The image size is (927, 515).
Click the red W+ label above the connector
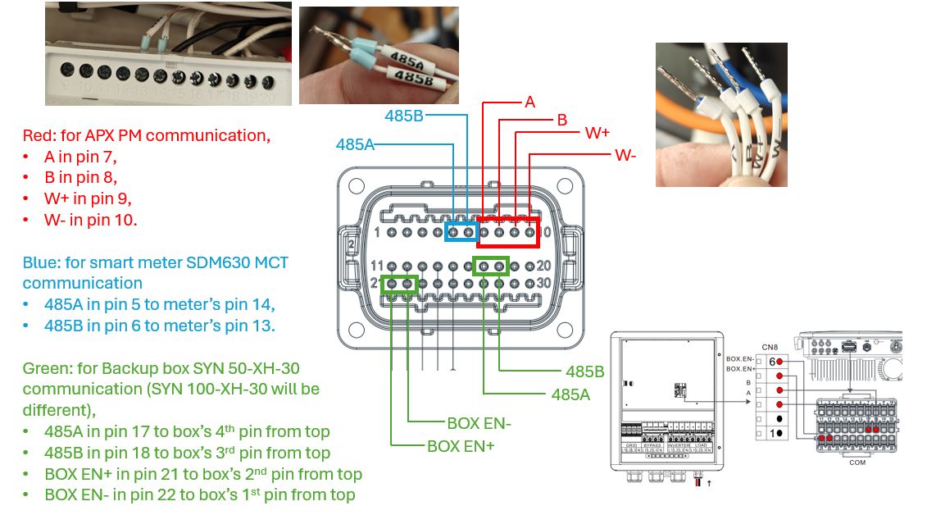[597, 133]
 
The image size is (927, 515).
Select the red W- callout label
[625, 154]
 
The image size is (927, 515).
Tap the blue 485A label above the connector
[355, 144]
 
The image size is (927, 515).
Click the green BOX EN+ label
[461, 446]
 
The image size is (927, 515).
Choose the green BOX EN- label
[479, 423]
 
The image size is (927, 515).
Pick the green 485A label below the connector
[570, 394]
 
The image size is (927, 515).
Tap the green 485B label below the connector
[584, 372]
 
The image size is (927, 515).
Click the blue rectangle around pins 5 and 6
[461, 233]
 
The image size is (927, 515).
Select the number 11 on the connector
[377, 267]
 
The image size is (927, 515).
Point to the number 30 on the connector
[543, 283]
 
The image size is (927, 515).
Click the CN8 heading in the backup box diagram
[770, 347]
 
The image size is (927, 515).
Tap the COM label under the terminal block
[857, 463]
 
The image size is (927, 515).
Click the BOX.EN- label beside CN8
[741, 358]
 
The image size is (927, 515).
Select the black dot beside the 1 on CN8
[780, 432]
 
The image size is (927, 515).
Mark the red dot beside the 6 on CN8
[781, 361]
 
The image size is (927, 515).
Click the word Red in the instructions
[39, 134]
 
